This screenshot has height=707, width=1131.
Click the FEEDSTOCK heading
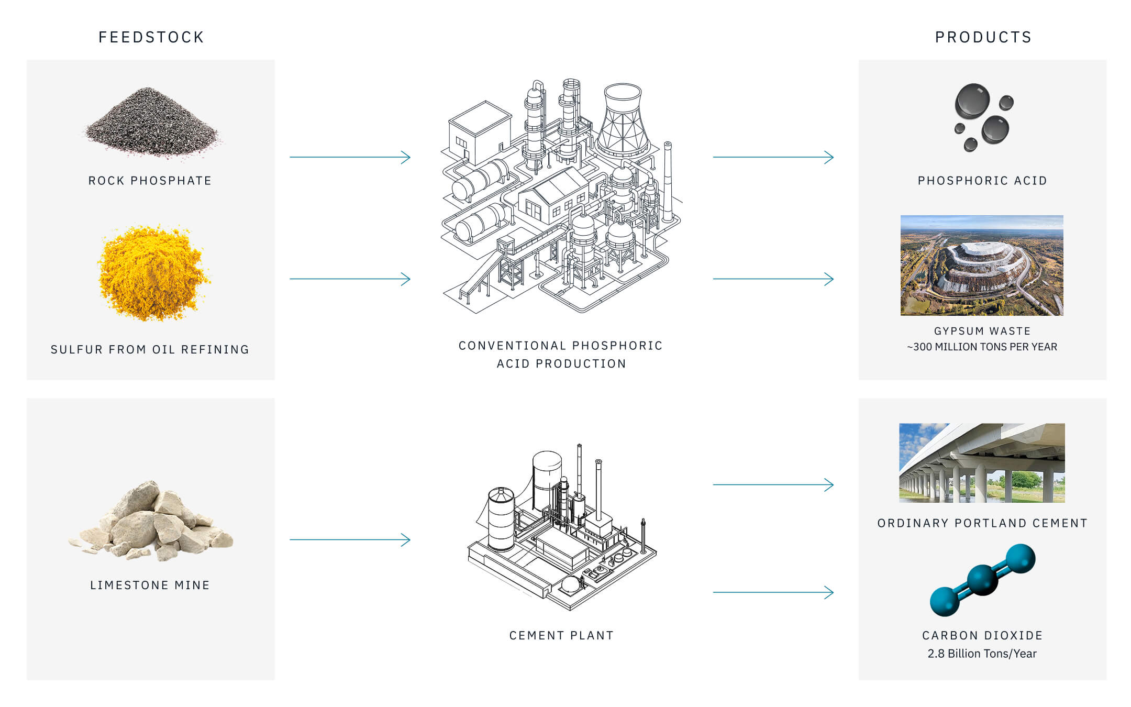point(151,37)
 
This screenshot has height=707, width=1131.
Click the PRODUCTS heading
point(983,37)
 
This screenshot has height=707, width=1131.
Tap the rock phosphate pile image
point(151,123)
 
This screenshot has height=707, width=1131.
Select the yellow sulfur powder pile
point(152,272)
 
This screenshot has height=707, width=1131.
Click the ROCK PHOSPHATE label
point(150,181)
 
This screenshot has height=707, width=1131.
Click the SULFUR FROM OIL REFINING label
point(150,349)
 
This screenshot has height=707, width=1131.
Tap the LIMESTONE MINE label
point(150,585)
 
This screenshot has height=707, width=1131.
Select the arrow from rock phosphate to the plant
point(350,157)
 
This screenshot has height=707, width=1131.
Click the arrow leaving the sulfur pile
point(350,279)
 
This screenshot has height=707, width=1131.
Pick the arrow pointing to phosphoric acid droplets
point(773,157)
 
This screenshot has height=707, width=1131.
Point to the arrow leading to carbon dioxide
point(773,592)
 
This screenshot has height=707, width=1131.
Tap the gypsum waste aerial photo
point(982,266)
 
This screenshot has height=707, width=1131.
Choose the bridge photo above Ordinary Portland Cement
point(982,463)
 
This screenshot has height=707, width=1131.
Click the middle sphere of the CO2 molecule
point(982,580)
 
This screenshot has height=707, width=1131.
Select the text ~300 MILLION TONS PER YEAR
point(982,347)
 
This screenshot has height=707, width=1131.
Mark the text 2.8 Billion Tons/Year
point(982,654)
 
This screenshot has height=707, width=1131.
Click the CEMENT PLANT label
point(561,635)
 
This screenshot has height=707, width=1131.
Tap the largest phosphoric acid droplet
point(972,101)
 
